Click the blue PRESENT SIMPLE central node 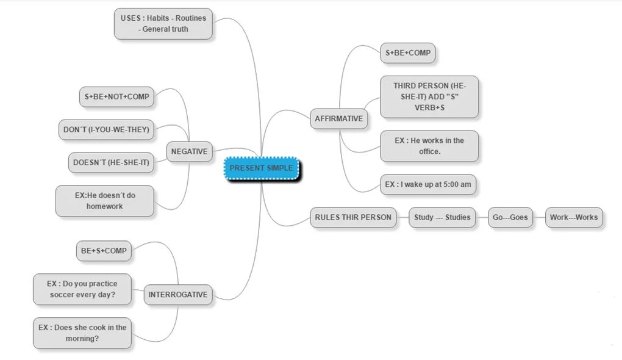tap(262, 168)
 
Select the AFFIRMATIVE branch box tap(338, 119)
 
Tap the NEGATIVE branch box tap(189, 152)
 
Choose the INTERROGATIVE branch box tap(178, 295)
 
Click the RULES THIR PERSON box tap(353, 217)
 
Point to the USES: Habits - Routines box tap(163, 24)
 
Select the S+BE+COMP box tap(407, 53)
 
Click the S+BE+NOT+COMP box tap(117, 96)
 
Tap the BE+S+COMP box tap(104, 251)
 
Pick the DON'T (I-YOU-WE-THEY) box tap(106, 129)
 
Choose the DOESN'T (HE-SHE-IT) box tap(111, 163)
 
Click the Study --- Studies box tap(442, 217)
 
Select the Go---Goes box tap(510, 217)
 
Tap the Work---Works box tap(574, 217)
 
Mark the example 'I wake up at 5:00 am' tap(427, 184)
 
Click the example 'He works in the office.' tap(429, 146)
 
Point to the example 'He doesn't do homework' tap(105, 201)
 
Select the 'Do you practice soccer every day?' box tap(82, 289)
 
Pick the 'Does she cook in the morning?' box tap(82, 333)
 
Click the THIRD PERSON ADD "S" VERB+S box tap(429, 96)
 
